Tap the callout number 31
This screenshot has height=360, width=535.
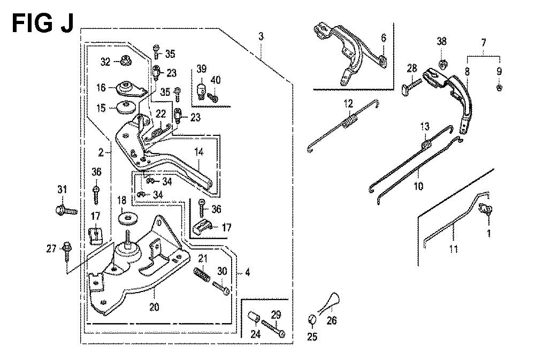[63, 189]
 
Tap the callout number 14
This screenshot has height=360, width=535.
[200, 152]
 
